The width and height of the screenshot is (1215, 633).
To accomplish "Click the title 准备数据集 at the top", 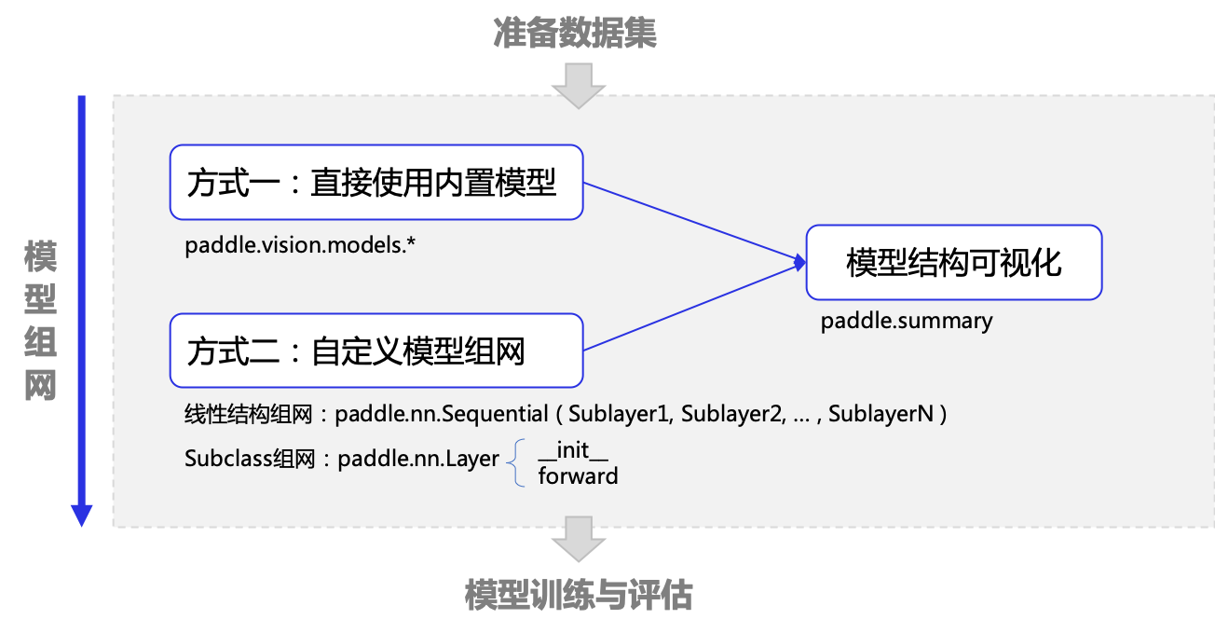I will (x=576, y=34).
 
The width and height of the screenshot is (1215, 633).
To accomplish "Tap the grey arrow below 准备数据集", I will (x=579, y=85).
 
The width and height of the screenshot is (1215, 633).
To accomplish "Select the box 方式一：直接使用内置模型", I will (x=376, y=182).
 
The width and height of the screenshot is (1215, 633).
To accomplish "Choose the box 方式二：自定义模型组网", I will (x=376, y=351).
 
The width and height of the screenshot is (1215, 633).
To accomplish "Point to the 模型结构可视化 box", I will (x=953, y=262).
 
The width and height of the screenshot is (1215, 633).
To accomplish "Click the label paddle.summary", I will (x=906, y=322).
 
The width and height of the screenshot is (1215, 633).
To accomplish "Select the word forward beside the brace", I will (x=578, y=476).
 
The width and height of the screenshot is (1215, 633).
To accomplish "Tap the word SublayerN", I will (x=881, y=414).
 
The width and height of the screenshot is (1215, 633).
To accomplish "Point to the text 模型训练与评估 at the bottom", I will (x=579, y=595).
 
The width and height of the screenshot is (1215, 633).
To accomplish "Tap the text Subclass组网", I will (x=249, y=459).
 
